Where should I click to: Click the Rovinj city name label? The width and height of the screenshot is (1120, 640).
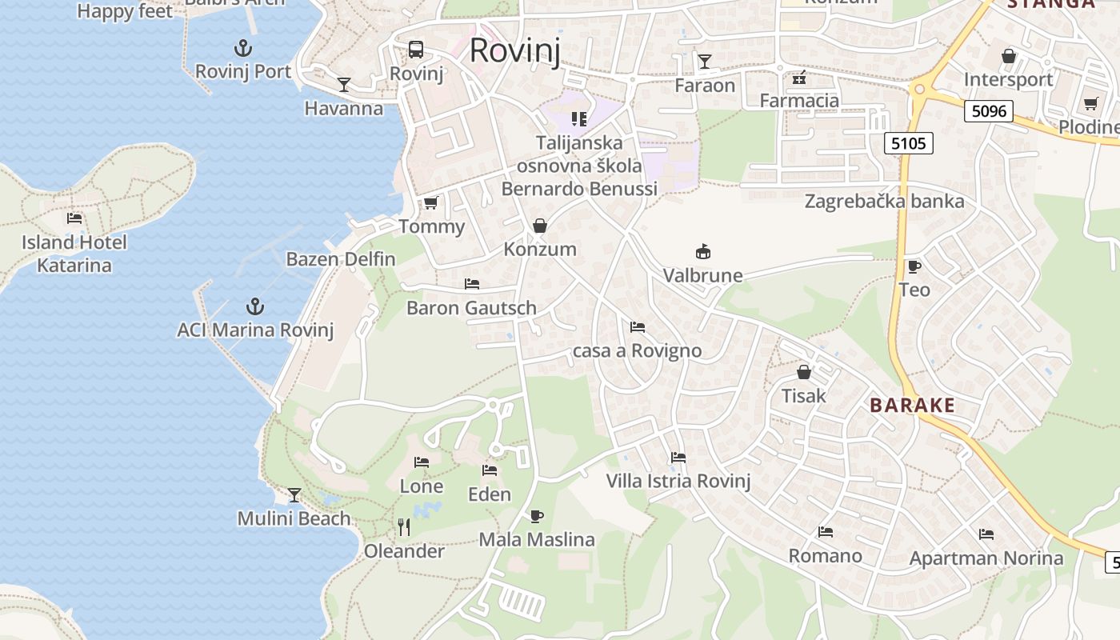(x=514, y=50)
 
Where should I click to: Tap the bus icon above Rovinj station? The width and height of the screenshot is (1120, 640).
(x=416, y=50)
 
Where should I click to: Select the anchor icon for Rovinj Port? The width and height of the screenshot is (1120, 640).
(x=243, y=47)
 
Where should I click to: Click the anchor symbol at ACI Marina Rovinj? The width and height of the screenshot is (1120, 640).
(x=254, y=306)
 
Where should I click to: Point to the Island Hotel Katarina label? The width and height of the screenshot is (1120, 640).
(x=74, y=254)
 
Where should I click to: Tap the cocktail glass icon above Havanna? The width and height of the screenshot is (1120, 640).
(x=344, y=84)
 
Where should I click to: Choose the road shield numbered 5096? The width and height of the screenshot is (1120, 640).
(x=989, y=111)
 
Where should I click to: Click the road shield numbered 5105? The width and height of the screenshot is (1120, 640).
(x=909, y=143)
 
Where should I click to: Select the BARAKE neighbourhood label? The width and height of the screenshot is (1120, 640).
(x=913, y=405)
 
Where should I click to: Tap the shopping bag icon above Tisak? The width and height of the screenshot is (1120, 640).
(x=804, y=372)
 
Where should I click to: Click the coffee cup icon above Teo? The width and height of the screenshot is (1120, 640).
(x=914, y=266)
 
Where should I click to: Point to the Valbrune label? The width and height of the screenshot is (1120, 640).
(x=703, y=275)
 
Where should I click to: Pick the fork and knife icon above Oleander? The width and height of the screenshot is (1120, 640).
(x=404, y=526)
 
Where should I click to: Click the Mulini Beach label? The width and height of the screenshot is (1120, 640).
(x=294, y=518)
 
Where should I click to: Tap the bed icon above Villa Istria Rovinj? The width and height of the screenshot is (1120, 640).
(x=678, y=458)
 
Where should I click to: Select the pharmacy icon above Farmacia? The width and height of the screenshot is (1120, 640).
(x=798, y=78)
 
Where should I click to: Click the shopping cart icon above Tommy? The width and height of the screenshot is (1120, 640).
(x=431, y=202)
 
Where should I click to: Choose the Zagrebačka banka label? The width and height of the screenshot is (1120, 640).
(x=885, y=201)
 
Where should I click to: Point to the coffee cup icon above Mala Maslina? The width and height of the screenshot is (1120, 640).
(x=537, y=516)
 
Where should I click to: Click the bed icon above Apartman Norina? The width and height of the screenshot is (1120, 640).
(x=986, y=534)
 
